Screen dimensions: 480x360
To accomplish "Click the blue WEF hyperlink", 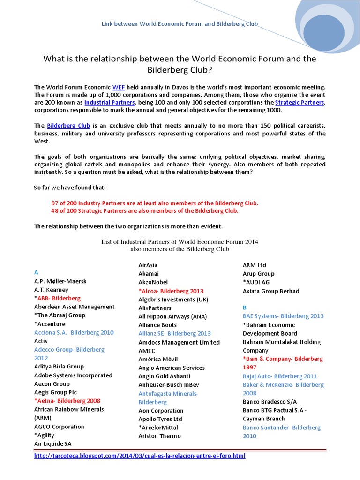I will pyautogui.click(x=118, y=87).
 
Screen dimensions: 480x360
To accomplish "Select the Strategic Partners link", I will pyautogui.click(x=299, y=102).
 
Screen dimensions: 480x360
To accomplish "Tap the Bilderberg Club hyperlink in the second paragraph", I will pyautogui.click(x=68, y=126).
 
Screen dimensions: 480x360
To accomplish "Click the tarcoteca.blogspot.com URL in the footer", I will pyautogui.click(x=140, y=456).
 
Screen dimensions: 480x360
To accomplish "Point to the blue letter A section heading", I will pyautogui.click(x=36, y=272).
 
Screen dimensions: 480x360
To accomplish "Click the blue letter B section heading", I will pyautogui.click(x=244, y=307).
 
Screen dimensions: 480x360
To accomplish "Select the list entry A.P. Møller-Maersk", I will pyautogui.click(x=60, y=281).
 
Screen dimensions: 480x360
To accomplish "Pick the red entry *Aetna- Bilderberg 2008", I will pyautogui.click(x=67, y=401).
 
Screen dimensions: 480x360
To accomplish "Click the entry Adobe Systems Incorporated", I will pyautogui.click(x=73, y=375).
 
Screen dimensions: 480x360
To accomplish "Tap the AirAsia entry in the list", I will pyautogui.click(x=148, y=265).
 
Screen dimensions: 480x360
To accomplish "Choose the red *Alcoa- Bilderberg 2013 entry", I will pyautogui.click(x=171, y=291).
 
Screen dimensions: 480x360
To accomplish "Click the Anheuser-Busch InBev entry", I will pyautogui.click(x=169, y=384).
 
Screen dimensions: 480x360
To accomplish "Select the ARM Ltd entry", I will pyautogui.click(x=254, y=265).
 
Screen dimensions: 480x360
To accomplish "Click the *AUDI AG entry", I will pyautogui.click(x=256, y=282).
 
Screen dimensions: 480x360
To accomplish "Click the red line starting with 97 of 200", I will pyautogui.click(x=155, y=203).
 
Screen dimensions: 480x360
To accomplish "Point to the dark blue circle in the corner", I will pyautogui.click(x=323, y=33).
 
